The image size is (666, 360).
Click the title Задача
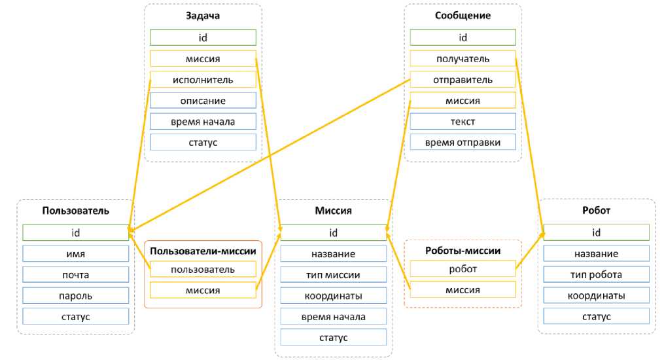203,16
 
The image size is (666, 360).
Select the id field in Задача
203,37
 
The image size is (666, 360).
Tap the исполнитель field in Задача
203,80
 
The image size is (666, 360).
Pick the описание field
203,101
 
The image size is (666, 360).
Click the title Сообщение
463,16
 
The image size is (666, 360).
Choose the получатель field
463,59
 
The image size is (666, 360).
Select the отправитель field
463,80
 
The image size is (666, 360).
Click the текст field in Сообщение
463,122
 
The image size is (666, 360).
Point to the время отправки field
463,142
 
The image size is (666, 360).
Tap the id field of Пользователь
75,232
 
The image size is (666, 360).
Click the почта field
75,275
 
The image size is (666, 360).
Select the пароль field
75,296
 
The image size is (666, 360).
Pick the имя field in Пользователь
75,254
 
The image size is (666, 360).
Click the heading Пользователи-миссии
203,251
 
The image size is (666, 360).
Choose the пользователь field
203,269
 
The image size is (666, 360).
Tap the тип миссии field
334,275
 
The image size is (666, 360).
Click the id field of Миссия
334,232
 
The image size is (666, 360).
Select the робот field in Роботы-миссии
463,269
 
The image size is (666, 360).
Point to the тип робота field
596,275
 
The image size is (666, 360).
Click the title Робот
596,211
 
